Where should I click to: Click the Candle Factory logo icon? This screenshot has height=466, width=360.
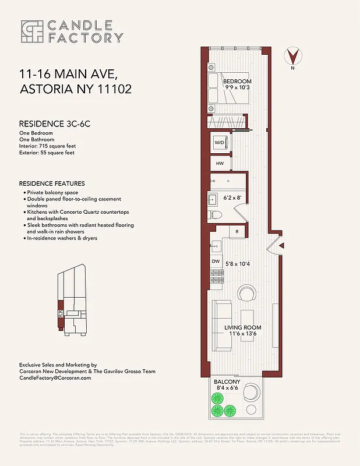coord(32,31)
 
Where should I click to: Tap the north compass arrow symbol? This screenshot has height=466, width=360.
coord(295,57)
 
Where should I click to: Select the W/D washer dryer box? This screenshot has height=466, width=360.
coord(220,143)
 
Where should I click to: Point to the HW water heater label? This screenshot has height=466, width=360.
coord(220,164)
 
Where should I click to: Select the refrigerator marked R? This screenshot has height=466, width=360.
coord(238,232)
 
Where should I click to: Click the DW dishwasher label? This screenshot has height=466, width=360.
coord(216,262)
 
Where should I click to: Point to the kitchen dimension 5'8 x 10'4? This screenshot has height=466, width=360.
coord(238,264)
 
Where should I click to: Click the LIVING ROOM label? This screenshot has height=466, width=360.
coord(243,328)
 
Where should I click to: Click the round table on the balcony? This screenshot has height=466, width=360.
coord(252,390)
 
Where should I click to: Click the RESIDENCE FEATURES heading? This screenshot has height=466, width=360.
coord(52,183)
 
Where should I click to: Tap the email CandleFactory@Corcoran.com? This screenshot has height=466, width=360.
coord(55,378)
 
